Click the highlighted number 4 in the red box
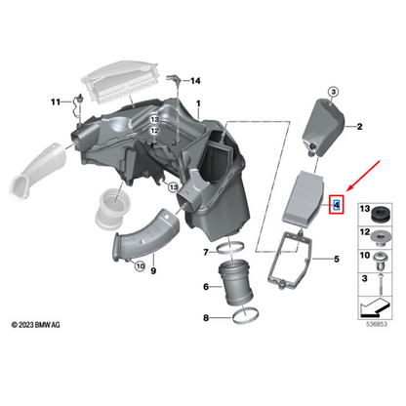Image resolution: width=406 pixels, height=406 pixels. click(x=337, y=205)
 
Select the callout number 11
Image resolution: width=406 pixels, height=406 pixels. click(x=56, y=101)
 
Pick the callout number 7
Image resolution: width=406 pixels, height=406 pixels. click(x=206, y=253)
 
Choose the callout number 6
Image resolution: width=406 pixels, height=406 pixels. click(x=205, y=286)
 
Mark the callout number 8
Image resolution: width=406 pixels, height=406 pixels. click(x=205, y=317)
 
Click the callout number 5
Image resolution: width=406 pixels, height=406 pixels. click(x=336, y=259)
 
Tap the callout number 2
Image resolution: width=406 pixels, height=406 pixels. click(x=358, y=127)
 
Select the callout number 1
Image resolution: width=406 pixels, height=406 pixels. click(x=198, y=104)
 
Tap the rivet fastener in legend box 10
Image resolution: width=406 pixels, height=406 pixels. click(x=378, y=259)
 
